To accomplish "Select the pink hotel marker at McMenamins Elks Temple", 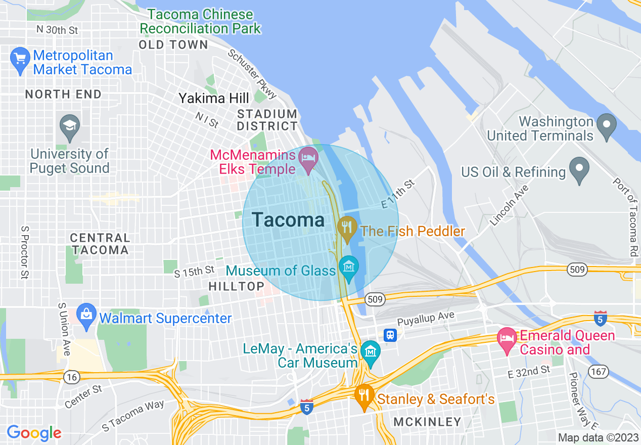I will coord(309,158).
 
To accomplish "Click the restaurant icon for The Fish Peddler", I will coord(347,228).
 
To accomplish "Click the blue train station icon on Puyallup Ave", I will coord(390,335).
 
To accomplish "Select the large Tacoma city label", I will coord(288,220).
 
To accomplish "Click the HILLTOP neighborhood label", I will coord(236,286).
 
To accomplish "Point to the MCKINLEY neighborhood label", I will coord(427,422).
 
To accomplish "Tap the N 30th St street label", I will coord(57,30).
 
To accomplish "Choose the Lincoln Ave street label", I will coord(509,205).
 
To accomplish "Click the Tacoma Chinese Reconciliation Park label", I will coord(201,21).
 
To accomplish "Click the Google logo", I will coord(34,433).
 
